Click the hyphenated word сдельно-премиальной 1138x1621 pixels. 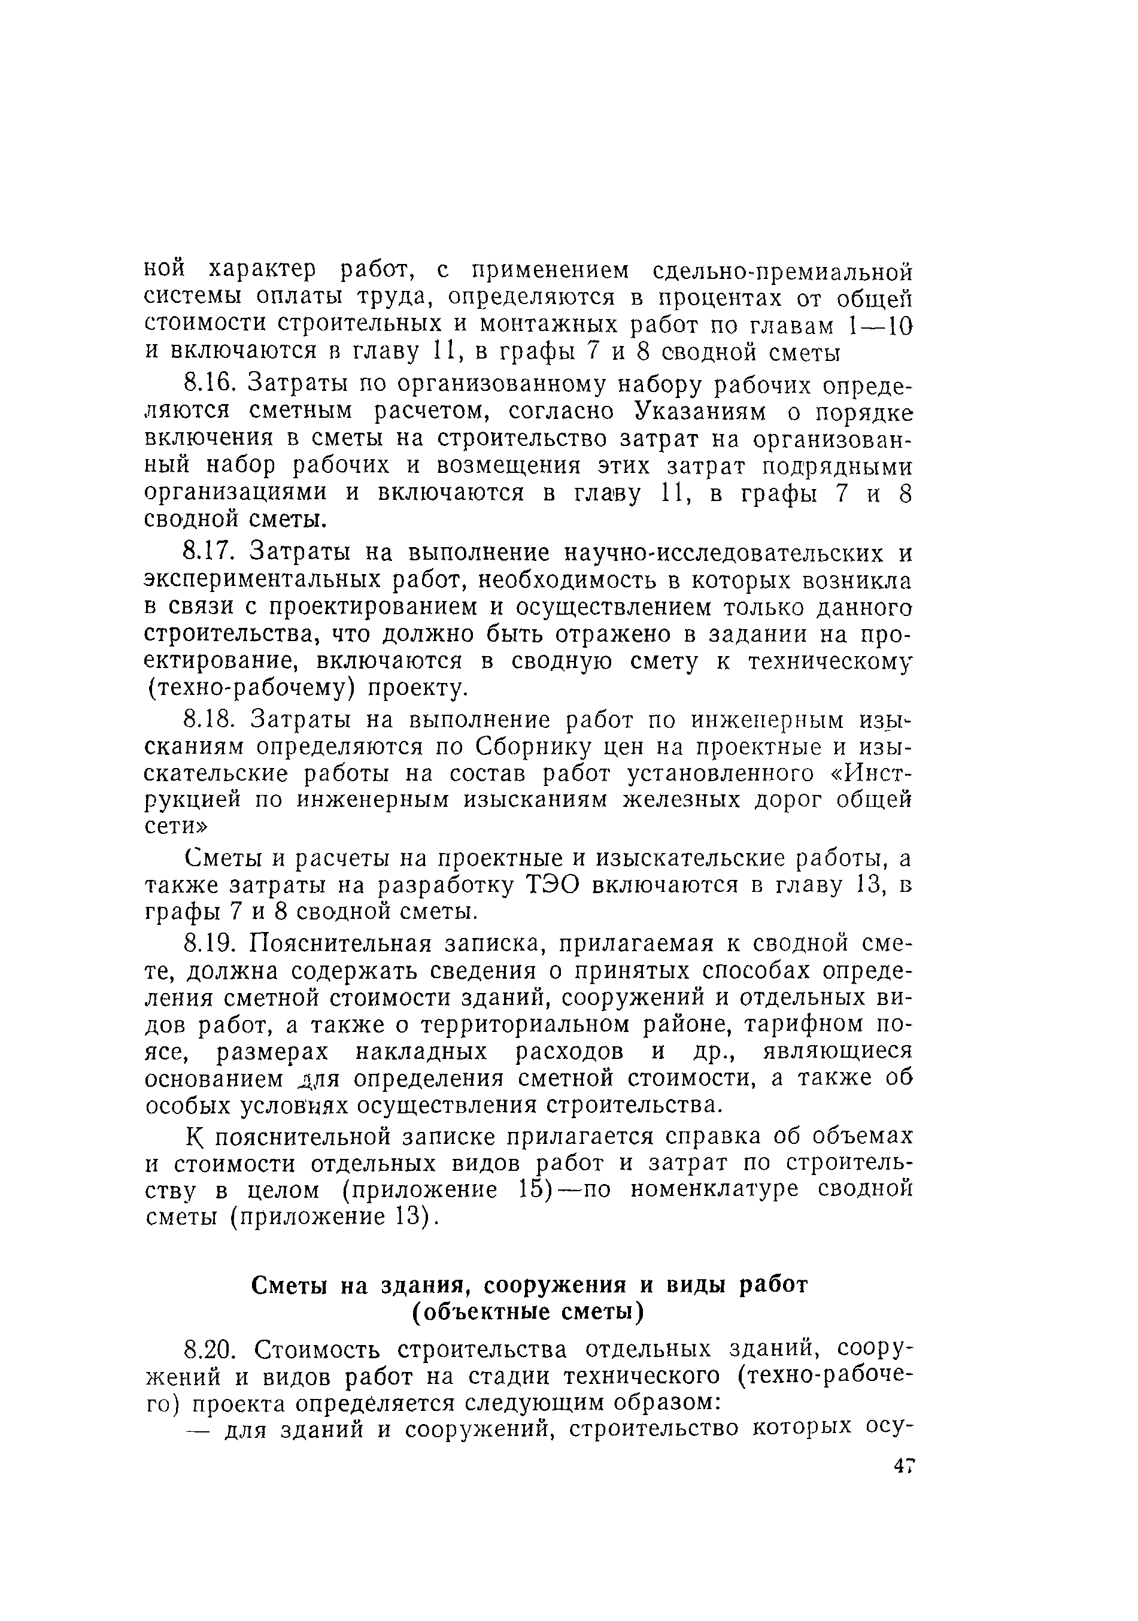784,271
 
